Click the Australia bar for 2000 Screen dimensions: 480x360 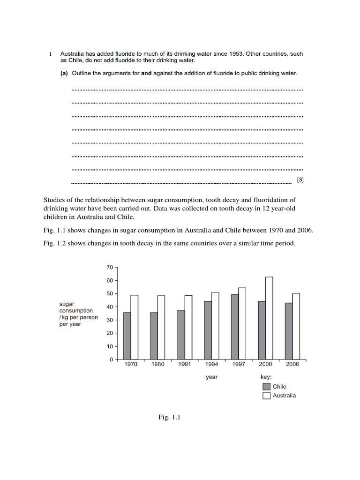click(x=269, y=318)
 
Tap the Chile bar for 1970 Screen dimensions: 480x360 click(x=127, y=336)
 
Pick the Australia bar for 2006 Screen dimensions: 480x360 click(x=296, y=326)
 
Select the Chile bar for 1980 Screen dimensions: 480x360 click(x=154, y=336)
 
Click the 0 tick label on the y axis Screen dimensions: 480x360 click(x=111, y=360)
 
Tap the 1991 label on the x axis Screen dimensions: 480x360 click(x=185, y=365)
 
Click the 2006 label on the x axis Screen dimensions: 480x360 click(x=292, y=365)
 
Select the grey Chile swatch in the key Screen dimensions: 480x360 click(x=267, y=387)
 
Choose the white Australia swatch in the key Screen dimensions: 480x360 click(x=267, y=396)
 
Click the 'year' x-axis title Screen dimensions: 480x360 click(x=211, y=377)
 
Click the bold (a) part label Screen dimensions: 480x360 click(x=63, y=74)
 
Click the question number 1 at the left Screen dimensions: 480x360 click(x=51, y=54)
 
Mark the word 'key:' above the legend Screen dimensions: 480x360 click(x=266, y=377)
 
